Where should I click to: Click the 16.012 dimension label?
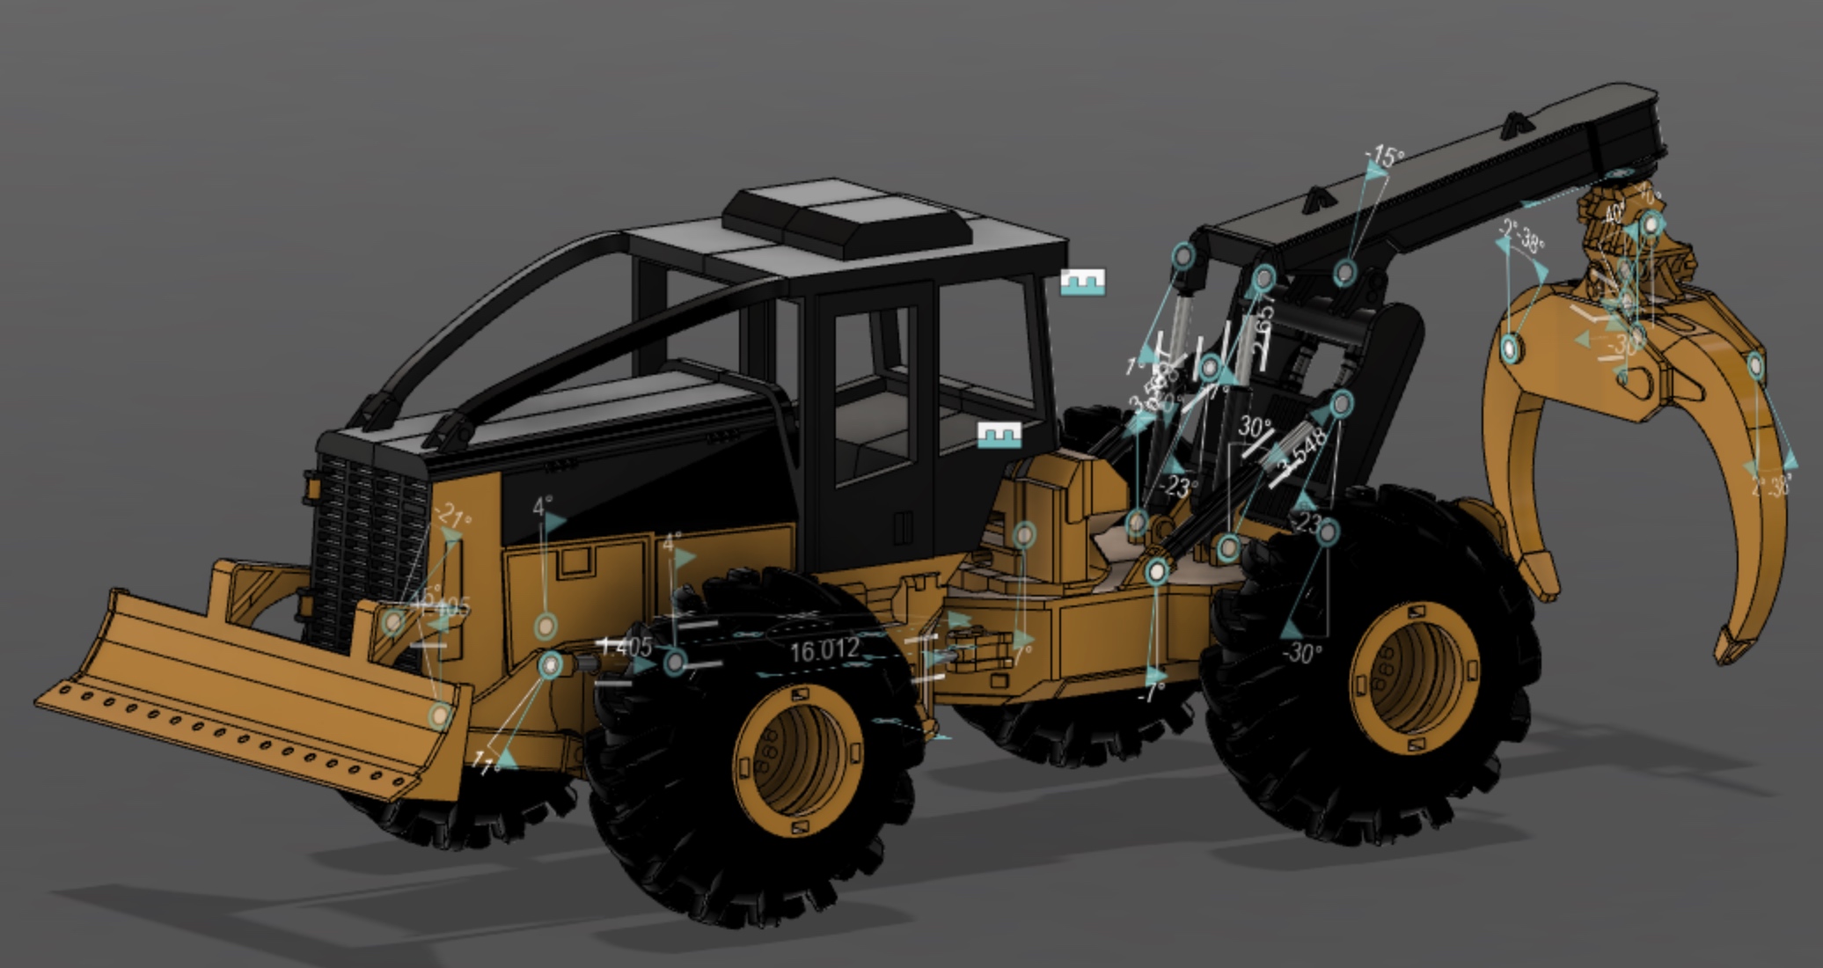click(824, 651)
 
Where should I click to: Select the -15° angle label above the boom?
click(1384, 158)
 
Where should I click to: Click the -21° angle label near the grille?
click(454, 516)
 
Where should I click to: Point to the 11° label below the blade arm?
click(485, 762)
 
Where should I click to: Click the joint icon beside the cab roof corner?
click(1081, 282)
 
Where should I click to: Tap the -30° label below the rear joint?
click(1302, 653)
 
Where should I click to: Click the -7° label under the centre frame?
click(1153, 692)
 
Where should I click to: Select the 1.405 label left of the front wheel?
click(626, 648)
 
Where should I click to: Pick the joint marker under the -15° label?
click(1343, 272)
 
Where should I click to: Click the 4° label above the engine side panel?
click(543, 507)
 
